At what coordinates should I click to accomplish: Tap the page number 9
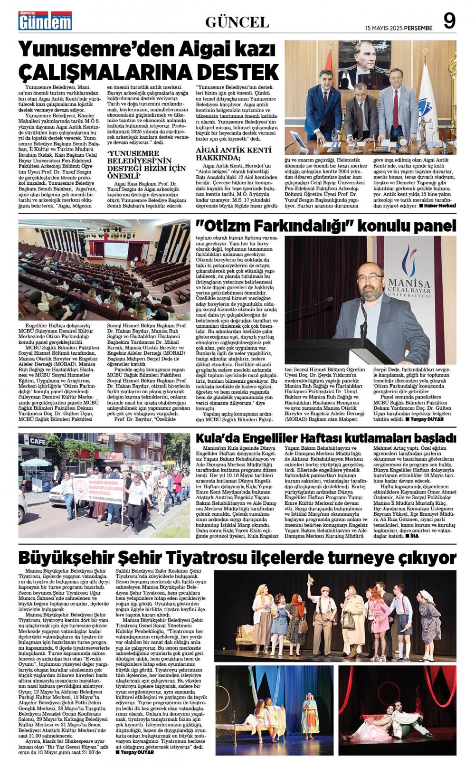click(x=449, y=21)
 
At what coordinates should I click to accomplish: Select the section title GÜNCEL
click(x=237, y=22)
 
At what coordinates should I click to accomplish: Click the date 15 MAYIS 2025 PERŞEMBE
click(x=399, y=28)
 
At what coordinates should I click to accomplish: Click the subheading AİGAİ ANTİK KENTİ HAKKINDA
click(x=228, y=153)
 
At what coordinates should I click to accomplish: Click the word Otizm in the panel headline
click(x=228, y=226)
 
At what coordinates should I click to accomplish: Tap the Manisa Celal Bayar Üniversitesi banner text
click(x=409, y=288)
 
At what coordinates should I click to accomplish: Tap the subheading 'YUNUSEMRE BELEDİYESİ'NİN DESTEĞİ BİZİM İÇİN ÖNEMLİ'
click(x=146, y=163)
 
